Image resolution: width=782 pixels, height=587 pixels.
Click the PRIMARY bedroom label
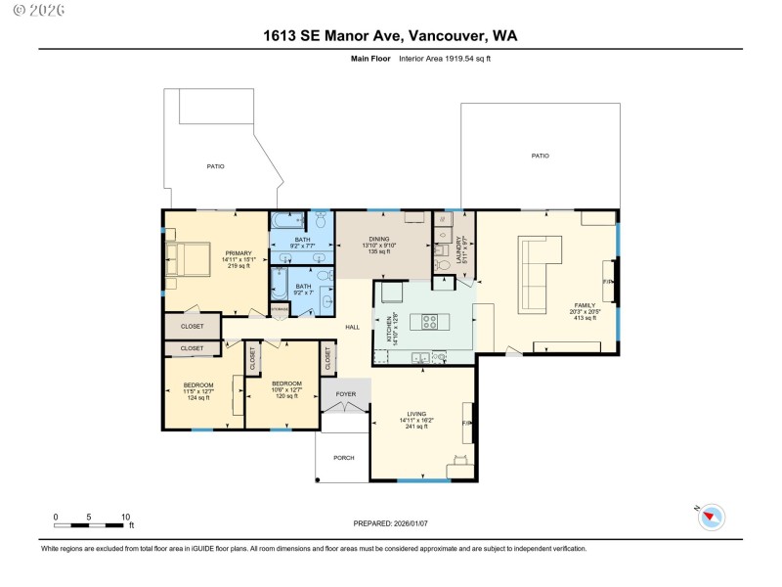tap(239, 253)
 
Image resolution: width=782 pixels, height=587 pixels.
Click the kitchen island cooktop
tap(430, 320)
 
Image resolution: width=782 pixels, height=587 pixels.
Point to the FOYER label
tap(346, 394)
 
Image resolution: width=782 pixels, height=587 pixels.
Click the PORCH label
tap(344, 457)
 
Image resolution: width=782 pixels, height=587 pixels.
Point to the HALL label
tap(352, 327)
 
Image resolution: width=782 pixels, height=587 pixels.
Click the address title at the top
tap(390, 35)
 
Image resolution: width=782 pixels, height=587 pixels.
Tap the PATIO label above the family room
tap(540, 156)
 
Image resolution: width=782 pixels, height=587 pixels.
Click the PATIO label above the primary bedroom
tap(215, 166)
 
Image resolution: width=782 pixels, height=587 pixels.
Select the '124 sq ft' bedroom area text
tap(198, 397)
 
